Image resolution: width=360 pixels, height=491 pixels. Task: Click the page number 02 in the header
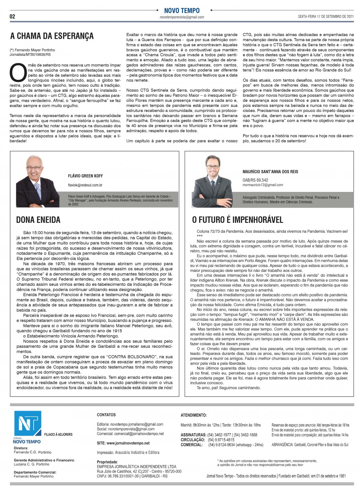click(13, 16)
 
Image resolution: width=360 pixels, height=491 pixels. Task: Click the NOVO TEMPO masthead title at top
click(182, 11)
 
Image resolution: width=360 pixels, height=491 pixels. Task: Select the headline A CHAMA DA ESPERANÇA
click(52, 36)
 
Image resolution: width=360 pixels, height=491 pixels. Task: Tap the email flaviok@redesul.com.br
click(85, 185)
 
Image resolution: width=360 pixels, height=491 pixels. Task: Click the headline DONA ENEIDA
click(38, 220)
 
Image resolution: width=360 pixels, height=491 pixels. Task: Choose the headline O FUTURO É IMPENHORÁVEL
click(238, 220)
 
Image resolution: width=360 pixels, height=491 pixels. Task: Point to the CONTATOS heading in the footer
click(106, 415)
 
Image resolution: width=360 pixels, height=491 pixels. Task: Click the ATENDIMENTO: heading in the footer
click(194, 415)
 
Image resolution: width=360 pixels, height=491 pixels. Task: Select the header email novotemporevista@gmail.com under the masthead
click(182, 17)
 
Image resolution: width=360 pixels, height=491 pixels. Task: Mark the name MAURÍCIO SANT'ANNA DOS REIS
click(270, 171)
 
